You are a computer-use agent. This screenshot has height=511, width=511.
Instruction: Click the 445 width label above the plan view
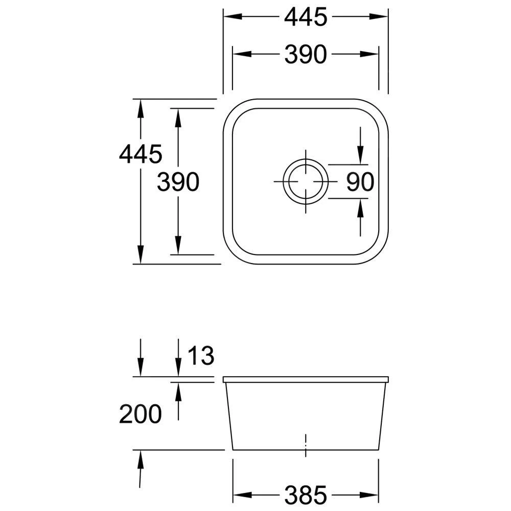[306, 17]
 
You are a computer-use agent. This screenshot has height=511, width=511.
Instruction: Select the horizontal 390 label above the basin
[306, 54]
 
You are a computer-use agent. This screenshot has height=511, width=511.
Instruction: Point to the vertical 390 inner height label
[178, 182]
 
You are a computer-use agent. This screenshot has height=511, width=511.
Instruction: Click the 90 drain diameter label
[360, 182]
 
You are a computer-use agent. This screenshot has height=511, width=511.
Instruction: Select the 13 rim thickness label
[200, 356]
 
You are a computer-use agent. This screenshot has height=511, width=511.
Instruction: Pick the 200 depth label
[141, 414]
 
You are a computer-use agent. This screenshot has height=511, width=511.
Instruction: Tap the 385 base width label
[306, 495]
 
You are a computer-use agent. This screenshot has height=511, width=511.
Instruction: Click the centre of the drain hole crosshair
[306, 182]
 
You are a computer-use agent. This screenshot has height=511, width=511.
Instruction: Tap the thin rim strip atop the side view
[306, 380]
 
